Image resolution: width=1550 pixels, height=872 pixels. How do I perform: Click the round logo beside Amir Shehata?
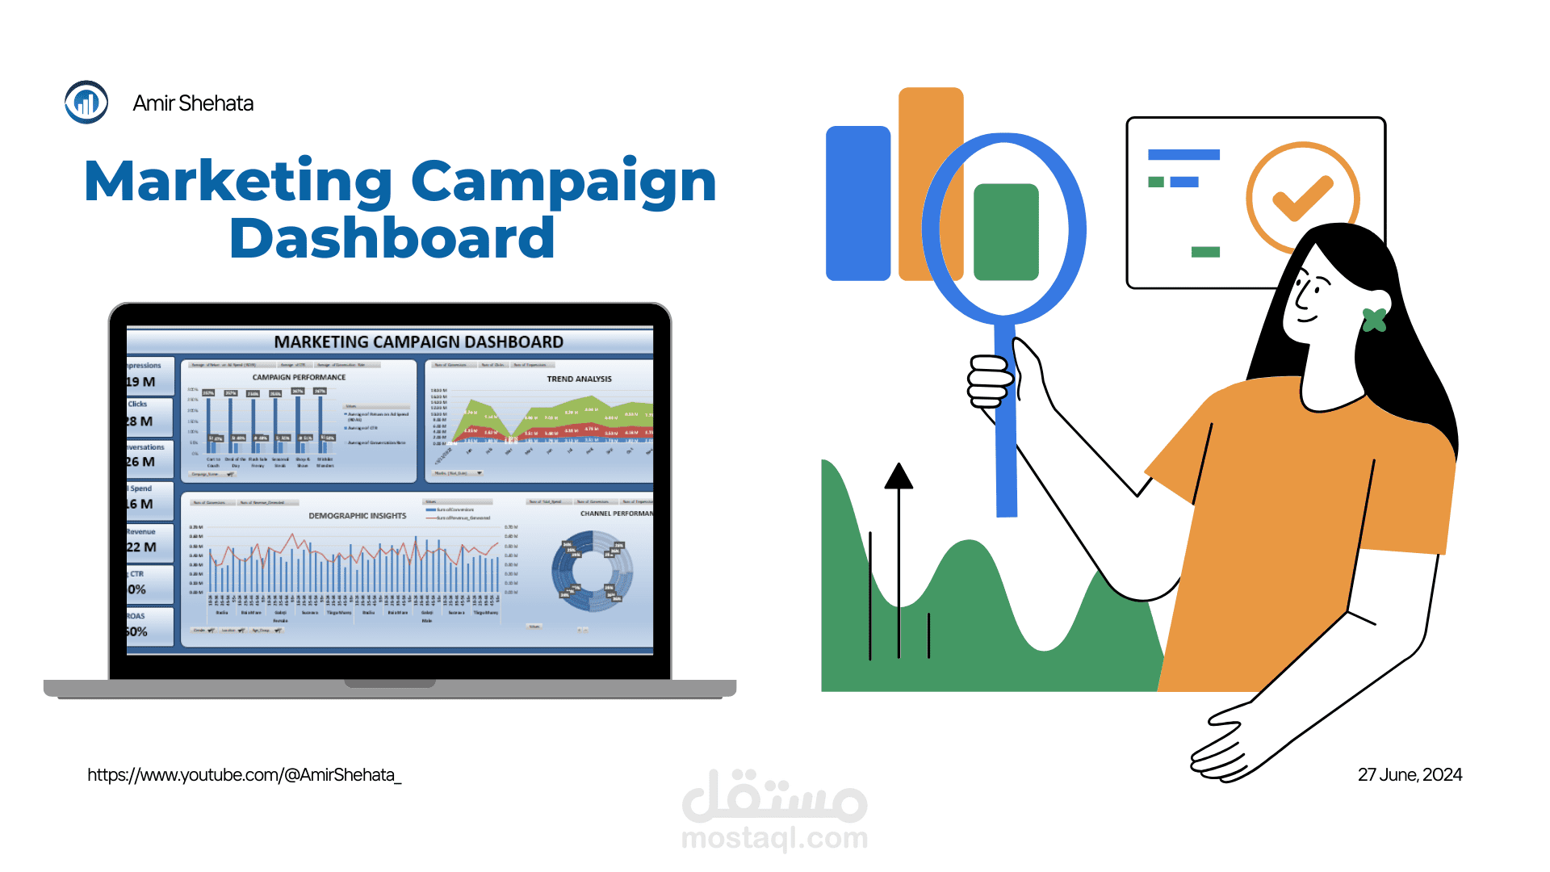pyautogui.click(x=86, y=103)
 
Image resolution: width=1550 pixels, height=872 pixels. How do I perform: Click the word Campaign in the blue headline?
pyautogui.click(x=563, y=182)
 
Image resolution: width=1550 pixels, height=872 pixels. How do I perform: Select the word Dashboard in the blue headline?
pyautogui.click(x=392, y=239)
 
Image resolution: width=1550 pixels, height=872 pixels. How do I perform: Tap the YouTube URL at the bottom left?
pyautogui.click(x=244, y=775)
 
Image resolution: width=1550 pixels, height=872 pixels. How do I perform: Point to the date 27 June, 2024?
pyautogui.click(x=1410, y=775)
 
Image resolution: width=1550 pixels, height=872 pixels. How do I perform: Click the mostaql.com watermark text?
pyautogui.click(x=774, y=838)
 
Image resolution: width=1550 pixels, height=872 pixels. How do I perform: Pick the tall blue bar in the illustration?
pyautogui.click(x=857, y=203)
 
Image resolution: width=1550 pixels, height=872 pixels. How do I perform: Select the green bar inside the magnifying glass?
pyautogui.click(x=1006, y=233)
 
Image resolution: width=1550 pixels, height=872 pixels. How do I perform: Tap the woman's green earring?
pyautogui.click(x=1374, y=321)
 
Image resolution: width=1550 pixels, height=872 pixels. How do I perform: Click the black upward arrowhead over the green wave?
pyautogui.click(x=899, y=476)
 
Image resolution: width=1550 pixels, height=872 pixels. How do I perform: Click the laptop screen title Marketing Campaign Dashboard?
pyautogui.click(x=418, y=342)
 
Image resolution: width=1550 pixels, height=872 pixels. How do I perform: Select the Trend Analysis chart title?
pyautogui.click(x=579, y=379)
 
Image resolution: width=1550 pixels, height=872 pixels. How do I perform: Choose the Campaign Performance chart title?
pyautogui.click(x=299, y=377)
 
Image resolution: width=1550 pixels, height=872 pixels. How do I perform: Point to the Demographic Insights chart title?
pyautogui.click(x=357, y=516)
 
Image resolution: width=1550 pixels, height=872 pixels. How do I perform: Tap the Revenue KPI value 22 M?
pyautogui.click(x=142, y=547)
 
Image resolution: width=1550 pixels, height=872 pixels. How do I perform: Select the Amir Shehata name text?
pyautogui.click(x=193, y=103)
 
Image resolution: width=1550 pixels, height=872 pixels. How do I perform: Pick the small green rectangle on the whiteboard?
pyautogui.click(x=1205, y=252)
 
